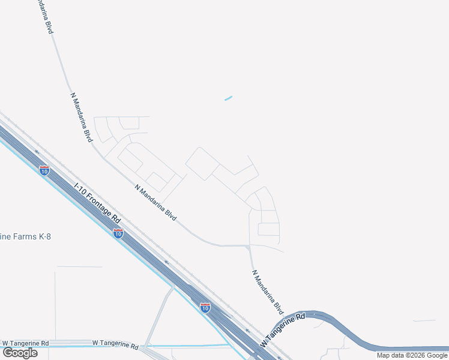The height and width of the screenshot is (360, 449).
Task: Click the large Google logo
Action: pos(20,353)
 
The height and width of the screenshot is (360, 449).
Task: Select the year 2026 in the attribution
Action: pos(415,355)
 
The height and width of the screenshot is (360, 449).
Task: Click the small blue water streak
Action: pos(228,98)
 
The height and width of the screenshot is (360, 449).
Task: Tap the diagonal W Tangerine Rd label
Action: pos(283,331)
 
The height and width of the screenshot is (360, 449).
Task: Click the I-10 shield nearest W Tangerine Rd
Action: pos(205,308)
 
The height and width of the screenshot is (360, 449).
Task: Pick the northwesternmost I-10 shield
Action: pos(44,170)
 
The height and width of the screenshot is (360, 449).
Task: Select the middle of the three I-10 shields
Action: pos(118,233)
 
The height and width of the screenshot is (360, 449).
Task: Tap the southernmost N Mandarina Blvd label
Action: pos(267,292)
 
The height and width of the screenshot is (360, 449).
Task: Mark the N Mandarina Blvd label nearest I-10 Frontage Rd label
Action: pos(155,203)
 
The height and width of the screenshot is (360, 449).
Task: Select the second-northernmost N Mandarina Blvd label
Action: pos(82,118)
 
